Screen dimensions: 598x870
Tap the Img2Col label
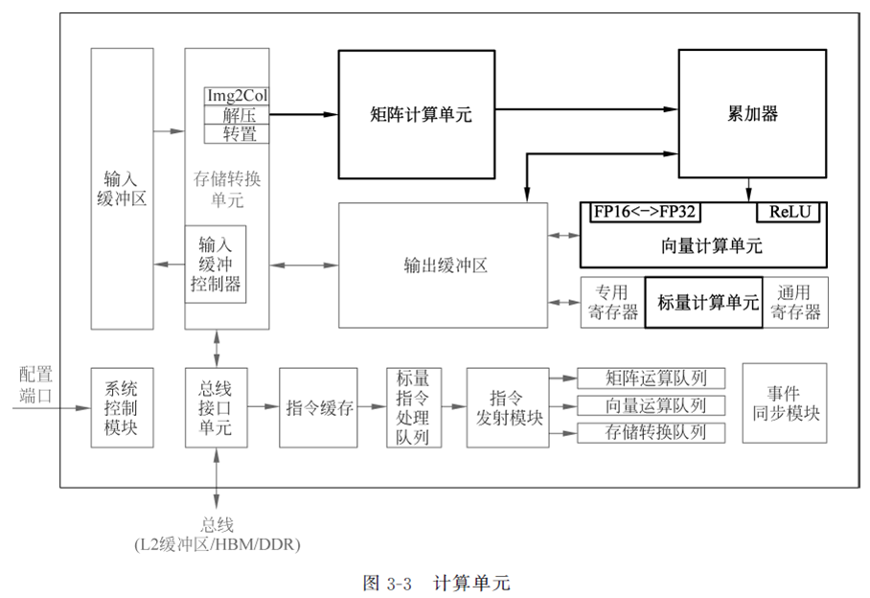click(237, 97)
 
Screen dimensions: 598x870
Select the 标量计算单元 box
click(702, 303)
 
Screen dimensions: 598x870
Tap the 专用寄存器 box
click(612, 303)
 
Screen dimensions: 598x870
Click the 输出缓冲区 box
click(443, 264)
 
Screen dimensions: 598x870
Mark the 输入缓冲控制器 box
click(216, 264)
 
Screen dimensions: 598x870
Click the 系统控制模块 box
click(121, 407)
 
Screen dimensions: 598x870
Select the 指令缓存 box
click(320, 407)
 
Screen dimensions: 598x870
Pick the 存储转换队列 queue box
click(649, 432)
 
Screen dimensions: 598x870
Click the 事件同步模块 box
click(784, 402)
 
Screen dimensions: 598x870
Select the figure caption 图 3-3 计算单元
click(437, 583)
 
